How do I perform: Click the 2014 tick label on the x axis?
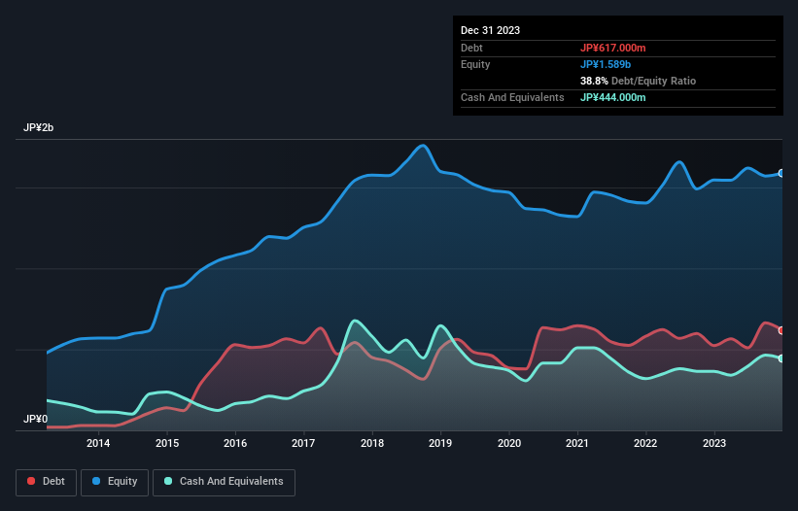[x=98, y=444]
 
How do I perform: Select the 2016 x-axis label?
[x=235, y=444]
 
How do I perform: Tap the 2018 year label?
[x=371, y=444]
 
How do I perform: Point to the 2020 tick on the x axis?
[x=508, y=444]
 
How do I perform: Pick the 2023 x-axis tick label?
[x=714, y=444]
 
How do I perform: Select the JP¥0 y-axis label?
[x=35, y=420]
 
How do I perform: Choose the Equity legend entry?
[x=115, y=481]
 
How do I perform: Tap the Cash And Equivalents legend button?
[x=224, y=481]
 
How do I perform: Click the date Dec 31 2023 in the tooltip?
[x=490, y=30]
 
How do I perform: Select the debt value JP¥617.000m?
[x=612, y=48]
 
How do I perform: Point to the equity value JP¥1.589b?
[x=606, y=64]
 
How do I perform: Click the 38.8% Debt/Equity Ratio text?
[x=638, y=81]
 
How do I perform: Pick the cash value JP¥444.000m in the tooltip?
[x=612, y=97]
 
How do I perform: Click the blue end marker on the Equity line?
[x=781, y=173]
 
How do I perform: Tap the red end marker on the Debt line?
[x=781, y=330]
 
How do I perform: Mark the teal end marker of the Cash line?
[x=781, y=358]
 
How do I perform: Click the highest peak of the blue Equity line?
[x=422, y=146]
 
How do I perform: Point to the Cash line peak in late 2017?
[x=356, y=321]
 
